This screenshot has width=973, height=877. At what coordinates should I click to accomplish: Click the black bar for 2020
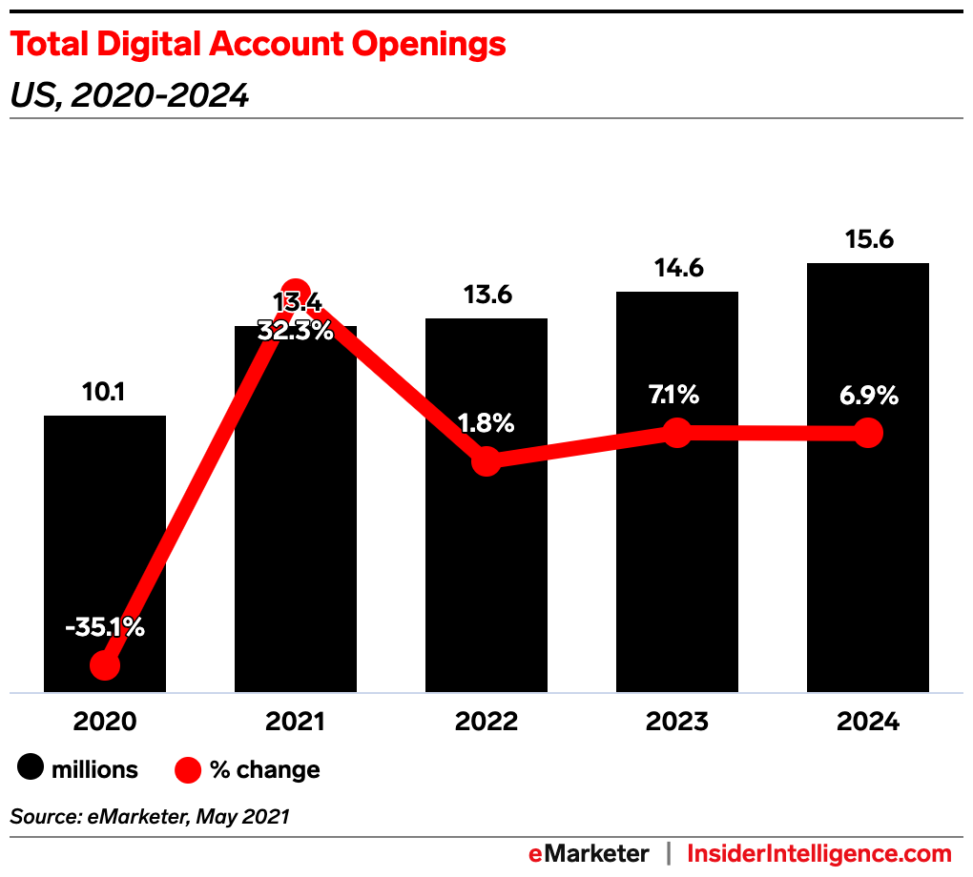click(x=105, y=534)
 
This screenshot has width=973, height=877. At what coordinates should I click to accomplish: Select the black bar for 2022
click(x=486, y=572)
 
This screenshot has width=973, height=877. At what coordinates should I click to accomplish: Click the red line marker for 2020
click(x=105, y=664)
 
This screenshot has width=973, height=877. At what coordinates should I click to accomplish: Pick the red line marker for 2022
click(x=486, y=460)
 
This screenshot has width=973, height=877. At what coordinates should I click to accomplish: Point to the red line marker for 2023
click(x=677, y=432)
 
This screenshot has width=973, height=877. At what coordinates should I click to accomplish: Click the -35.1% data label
click(x=105, y=628)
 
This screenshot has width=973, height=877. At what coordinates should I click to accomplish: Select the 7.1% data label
click(x=677, y=395)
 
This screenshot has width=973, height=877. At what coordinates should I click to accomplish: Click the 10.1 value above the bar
click(x=105, y=392)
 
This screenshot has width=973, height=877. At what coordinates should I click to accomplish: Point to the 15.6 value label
click(x=868, y=240)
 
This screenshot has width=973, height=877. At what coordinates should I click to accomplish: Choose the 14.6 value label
click(x=677, y=269)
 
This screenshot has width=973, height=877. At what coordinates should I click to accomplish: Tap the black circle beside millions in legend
click(x=32, y=769)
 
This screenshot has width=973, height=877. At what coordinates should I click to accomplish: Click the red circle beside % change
click(x=188, y=769)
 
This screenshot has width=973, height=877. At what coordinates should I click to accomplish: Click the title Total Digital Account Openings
click(x=258, y=44)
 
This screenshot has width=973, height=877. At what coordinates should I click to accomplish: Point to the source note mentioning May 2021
click(x=150, y=816)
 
